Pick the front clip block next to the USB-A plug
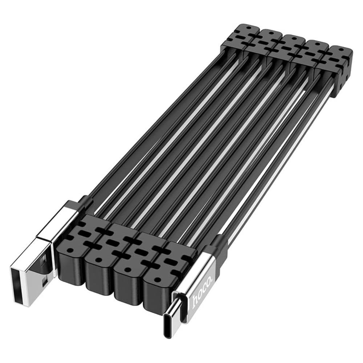[x=73, y=254]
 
